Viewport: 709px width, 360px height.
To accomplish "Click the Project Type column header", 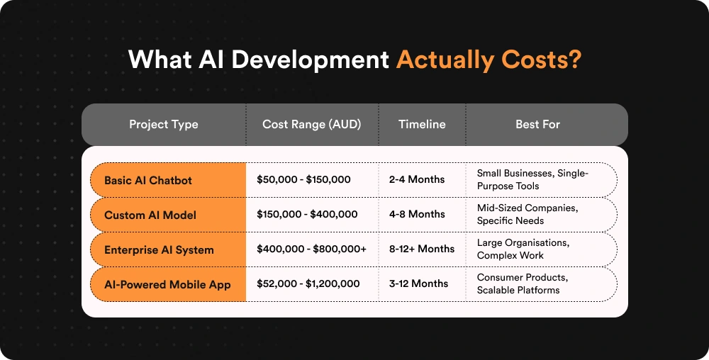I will coord(164,125).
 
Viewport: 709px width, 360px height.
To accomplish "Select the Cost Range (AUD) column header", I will coord(311,125).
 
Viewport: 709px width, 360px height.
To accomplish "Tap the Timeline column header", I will coord(422,125).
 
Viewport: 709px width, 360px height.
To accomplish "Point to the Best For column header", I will coord(537,125).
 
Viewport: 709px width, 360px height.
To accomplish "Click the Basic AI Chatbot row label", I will coord(148,180).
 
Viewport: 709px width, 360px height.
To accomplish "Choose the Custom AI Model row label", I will coord(150,215).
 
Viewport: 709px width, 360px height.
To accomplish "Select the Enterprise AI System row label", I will coord(159,249).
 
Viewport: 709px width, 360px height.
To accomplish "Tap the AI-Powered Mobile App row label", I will coord(167,284).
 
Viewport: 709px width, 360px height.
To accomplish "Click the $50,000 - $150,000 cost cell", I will coord(303,180).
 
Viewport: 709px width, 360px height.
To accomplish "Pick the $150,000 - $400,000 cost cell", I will coord(307,215).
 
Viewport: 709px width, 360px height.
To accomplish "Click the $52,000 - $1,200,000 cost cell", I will coord(308,284).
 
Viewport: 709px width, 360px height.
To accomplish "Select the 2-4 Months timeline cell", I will coord(417,180).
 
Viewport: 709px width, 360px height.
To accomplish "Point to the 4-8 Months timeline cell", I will coord(417,215).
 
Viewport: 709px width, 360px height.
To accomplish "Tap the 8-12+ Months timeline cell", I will coord(422,249).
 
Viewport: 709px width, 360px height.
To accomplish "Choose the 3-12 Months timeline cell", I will coord(419,284).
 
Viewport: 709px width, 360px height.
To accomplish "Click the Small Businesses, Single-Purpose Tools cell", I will coord(532,180).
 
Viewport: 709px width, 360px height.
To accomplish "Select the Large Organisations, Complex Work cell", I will coord(523,249).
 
